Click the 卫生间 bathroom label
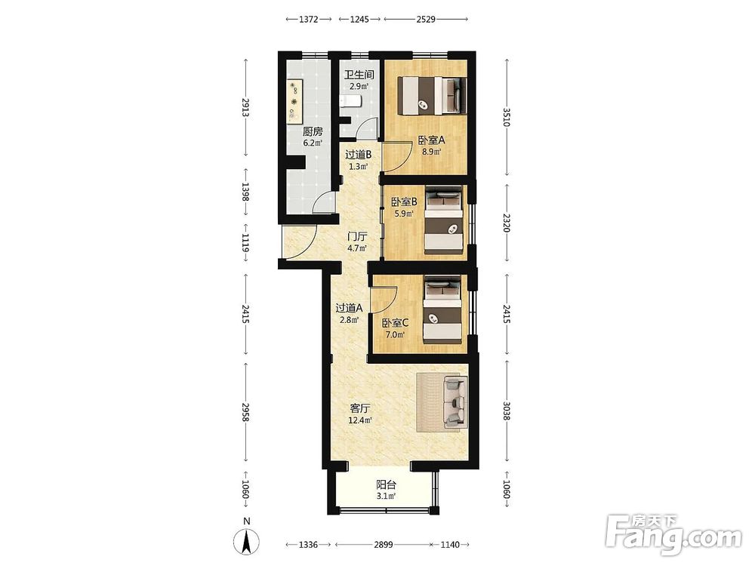(x=359, y=75)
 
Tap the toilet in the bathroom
(x=350, y=102)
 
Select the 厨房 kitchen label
(x=313, y=131)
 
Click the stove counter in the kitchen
(x=294, y=100)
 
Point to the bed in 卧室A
(x=432, y=96)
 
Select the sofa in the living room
(x=455, y=402)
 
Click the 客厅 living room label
(x=360, y=408)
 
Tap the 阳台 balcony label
(x=386, y=484)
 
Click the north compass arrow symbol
(x=247, y=541)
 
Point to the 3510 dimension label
(x=507, y=118)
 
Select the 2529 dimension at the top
(x=426, y=20)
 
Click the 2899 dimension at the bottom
(x=384, y=545)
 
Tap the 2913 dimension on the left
(x=245, y=108)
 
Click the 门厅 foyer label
(x=358, y=237)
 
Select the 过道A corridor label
(x=349, y=308)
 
